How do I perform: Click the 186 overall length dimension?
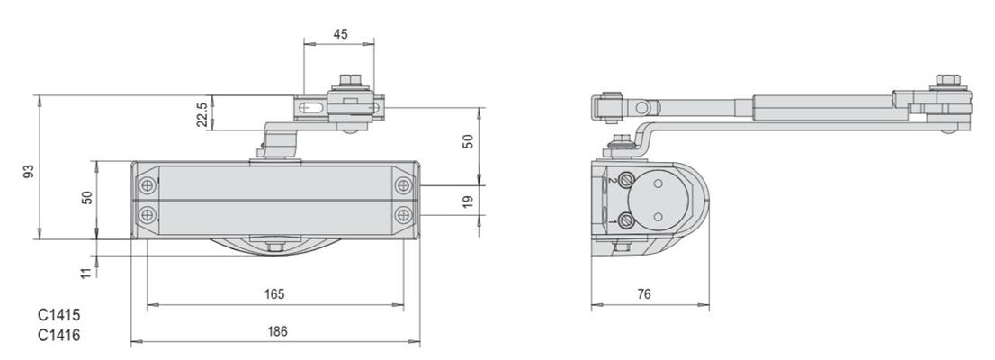pyautogui.click(x=277, y=331)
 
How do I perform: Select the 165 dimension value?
pyautogui.click(x=274, y=294)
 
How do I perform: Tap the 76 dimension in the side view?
pyautogui.click(x=644, y=294)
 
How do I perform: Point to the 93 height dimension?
pyautogui.click(x=29, y=171)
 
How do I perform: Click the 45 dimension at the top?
pyautogui.click(x=340, y=34)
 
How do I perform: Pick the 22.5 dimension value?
pyautogui.click(x=202, y=115)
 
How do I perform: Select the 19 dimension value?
pyautogui.click(x=468, y=202)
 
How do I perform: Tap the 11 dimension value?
pyautogui.click(x=86, y=273)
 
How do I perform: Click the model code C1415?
pyautogui.click(x=59, y=315)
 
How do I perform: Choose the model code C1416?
pyautogui.click(x=59, y=335)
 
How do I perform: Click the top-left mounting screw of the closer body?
pyautogui.click(x=148, y=185)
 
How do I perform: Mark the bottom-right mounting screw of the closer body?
pyautogui.click(x=403, y=214)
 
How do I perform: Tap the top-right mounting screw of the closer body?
pyautogui.click(x=403, y=185)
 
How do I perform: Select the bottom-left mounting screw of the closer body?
pyautogui.click(x=148, y=214)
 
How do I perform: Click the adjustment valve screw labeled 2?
pyautogui.click(x=626, y=180)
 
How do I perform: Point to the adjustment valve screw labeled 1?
pyautogui.click(x=626, y=221)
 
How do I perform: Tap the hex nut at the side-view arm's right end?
pyautogui.click(x=948, y=81)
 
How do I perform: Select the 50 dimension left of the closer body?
pyautogui.click(x=87, y=197)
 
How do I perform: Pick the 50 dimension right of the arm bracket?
pyautogui.click(x=468, y=141)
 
